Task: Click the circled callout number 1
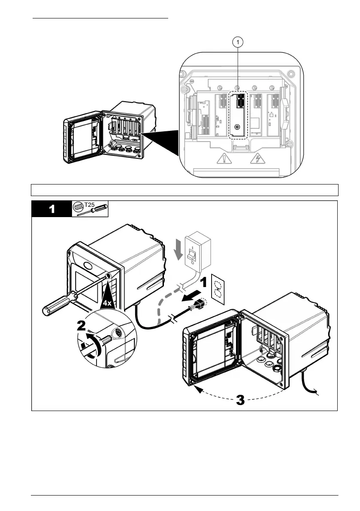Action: point(239,42)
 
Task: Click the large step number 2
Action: point(84,327)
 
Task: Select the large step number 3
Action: point(240,401)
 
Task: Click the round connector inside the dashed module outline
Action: point(237,127)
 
